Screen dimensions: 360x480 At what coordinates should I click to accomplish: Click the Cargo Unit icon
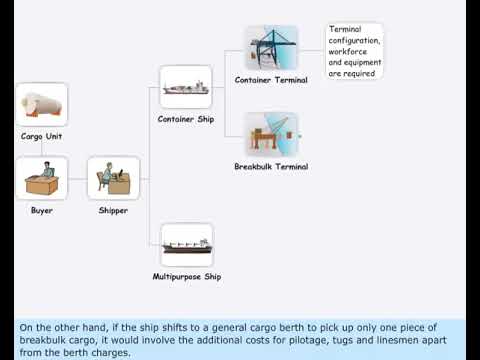tap(41, 104)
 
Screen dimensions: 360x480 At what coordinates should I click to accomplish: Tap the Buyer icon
tap(41, 179)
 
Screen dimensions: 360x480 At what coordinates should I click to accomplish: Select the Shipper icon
tap(113, 179)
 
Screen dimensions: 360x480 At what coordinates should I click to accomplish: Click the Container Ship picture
tap(186, 87)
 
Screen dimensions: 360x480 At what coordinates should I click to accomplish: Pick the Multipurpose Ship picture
tap(186, 245)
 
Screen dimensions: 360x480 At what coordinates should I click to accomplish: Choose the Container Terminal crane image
tap(271, 47)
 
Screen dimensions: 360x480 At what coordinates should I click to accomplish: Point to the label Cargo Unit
tap(41, 136)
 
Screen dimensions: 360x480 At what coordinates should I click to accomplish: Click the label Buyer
tap(41, 211)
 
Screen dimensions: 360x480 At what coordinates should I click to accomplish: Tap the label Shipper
tap(113, 211)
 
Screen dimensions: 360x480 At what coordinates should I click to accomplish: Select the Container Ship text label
tap(186, 119)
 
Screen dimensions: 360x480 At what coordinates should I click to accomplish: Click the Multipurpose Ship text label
tap(186, 276)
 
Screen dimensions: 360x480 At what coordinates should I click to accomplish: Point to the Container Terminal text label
tap(271, 79)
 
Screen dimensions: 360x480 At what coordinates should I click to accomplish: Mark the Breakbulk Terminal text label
tap(271, 166)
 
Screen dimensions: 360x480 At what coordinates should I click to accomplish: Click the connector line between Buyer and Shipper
tap(77, 179)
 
